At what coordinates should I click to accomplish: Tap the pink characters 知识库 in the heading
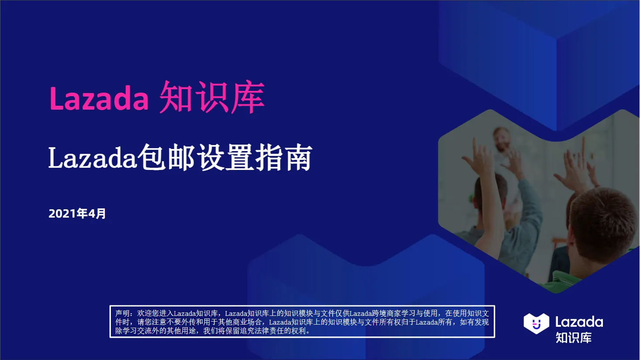point(212,97)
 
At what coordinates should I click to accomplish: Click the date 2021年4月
point(77,214)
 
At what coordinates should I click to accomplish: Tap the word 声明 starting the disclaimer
point(123,313)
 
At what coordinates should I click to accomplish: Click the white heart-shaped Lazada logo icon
point(536,324)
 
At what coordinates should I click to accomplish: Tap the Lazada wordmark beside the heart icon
point(579,322)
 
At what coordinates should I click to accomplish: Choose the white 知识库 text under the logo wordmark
point(574,338)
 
